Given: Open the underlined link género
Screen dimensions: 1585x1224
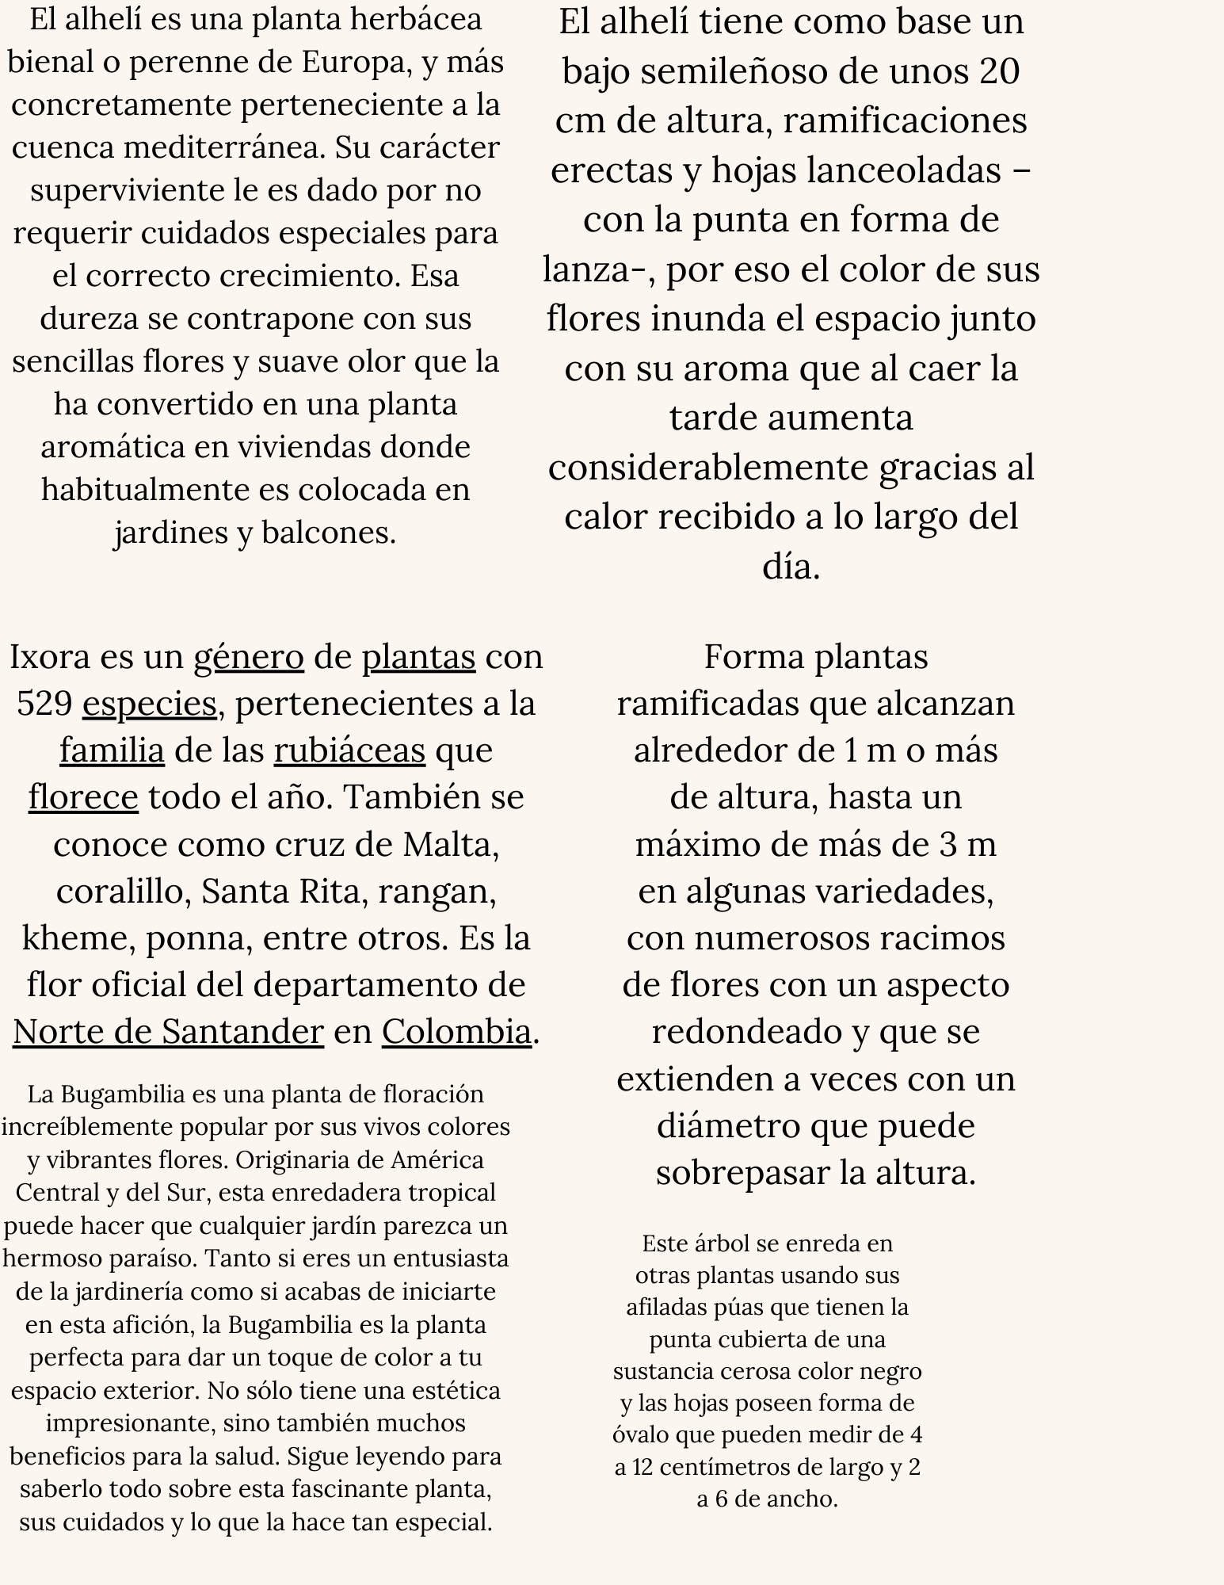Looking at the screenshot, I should coord(249,657).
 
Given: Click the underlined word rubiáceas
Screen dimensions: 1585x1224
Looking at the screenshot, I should coord(349,750).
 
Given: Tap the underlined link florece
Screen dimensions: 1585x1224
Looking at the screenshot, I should coord(83,797).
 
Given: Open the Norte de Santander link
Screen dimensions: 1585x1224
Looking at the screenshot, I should coord(168,1032).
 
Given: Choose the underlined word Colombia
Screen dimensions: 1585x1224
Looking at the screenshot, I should coord(456,1032).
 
